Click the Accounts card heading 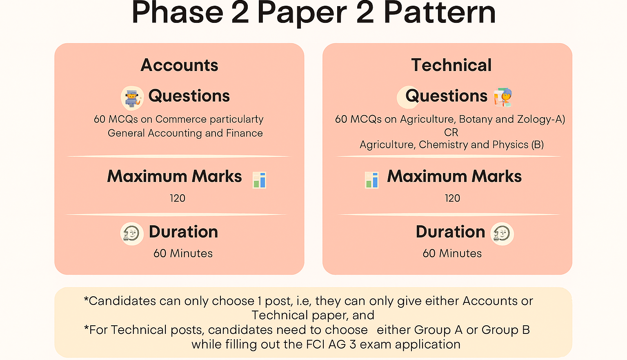point(179,65)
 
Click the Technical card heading point(451,65)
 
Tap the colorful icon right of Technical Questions point(503,98)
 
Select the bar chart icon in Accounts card point(260,180)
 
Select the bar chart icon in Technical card point(372,180)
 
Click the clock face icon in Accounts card point(132,234)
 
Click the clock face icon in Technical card point(502,234)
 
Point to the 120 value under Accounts point(178,198)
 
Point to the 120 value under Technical point(452,198)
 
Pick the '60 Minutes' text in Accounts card point(183,253)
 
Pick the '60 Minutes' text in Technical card point(452,253)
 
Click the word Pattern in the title point(440,12)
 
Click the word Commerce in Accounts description point(181,119)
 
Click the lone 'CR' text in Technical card point(451,132)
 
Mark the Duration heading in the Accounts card point(183,232)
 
